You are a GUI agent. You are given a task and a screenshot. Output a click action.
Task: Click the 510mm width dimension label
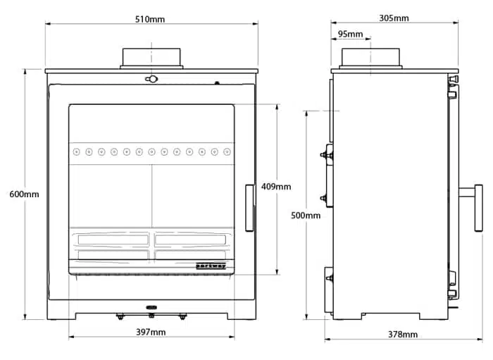pyautogui.click(x=150, y=19)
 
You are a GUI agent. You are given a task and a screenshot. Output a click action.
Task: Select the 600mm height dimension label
pyautogui.click(x=25, y=194)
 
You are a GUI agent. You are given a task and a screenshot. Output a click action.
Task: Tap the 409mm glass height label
pyautogui.click(x=276, y=187)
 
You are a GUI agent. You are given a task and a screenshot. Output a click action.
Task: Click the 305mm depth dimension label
pyautogui.click(x=393, y=18)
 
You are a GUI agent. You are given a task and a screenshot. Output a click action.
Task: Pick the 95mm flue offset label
pyautogui.click(x=350, y=34)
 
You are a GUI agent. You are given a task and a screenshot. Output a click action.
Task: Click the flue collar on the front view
pyautogui.click(x=151, y=57)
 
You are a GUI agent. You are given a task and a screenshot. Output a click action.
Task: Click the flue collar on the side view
pyautogui.click(x=371, y=57)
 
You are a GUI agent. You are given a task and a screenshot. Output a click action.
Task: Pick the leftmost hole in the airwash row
pyautogui.click(x=77, y=151)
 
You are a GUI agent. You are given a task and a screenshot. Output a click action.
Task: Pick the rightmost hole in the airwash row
pyautogui.click(x=226, y=151)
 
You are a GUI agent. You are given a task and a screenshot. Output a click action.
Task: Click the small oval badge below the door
pyautogui.click(x=151, y=307)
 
